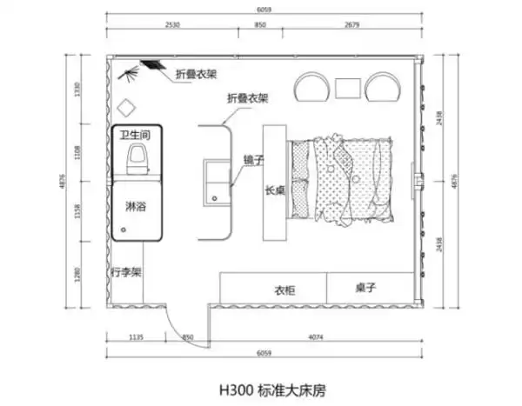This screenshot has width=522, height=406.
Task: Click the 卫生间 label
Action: (136, 136)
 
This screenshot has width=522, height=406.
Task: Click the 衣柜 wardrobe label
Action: (285, 290)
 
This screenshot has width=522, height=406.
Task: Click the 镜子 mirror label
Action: (252, 160)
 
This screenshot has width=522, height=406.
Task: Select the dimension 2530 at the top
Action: (171, 26)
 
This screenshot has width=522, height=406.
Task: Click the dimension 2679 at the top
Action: (351, 26)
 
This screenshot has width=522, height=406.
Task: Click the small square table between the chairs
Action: (349, 87)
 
